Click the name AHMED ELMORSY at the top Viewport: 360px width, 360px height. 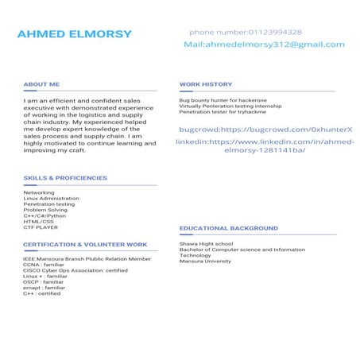pos(74,34)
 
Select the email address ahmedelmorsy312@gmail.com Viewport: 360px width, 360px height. pos(264,45)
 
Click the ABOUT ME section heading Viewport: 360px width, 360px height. pos(41,83)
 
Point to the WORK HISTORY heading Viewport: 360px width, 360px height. pos(206,83)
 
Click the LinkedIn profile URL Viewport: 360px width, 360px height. pos(264,145)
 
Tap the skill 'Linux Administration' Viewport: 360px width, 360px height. pos(51,199)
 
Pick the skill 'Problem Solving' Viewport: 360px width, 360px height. pos(45,210)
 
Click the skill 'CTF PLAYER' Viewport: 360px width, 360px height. pos(41,227)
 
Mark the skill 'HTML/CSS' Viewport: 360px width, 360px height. pos(39,221)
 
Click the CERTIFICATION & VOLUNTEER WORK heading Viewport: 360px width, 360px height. pos(85,244)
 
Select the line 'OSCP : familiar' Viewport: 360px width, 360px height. pos(43,281)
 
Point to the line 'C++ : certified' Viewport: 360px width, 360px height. pos(42,293)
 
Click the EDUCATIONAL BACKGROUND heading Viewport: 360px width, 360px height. pos(229,228)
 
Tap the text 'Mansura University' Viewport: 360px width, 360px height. pos(205,261)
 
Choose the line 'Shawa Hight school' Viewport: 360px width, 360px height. pos(206,244)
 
